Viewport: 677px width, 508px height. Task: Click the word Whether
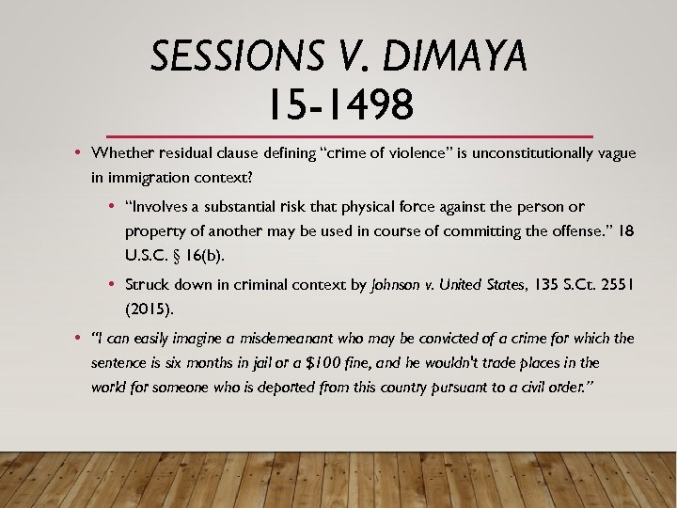tap(124, 153)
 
